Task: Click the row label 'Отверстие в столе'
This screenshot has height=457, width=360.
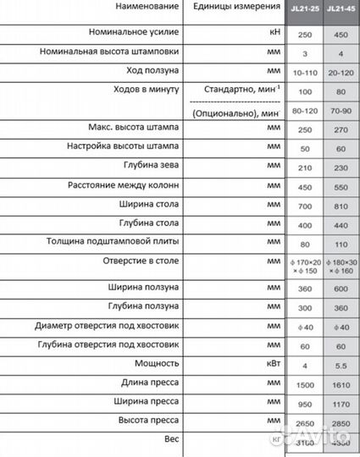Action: point(141,262)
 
